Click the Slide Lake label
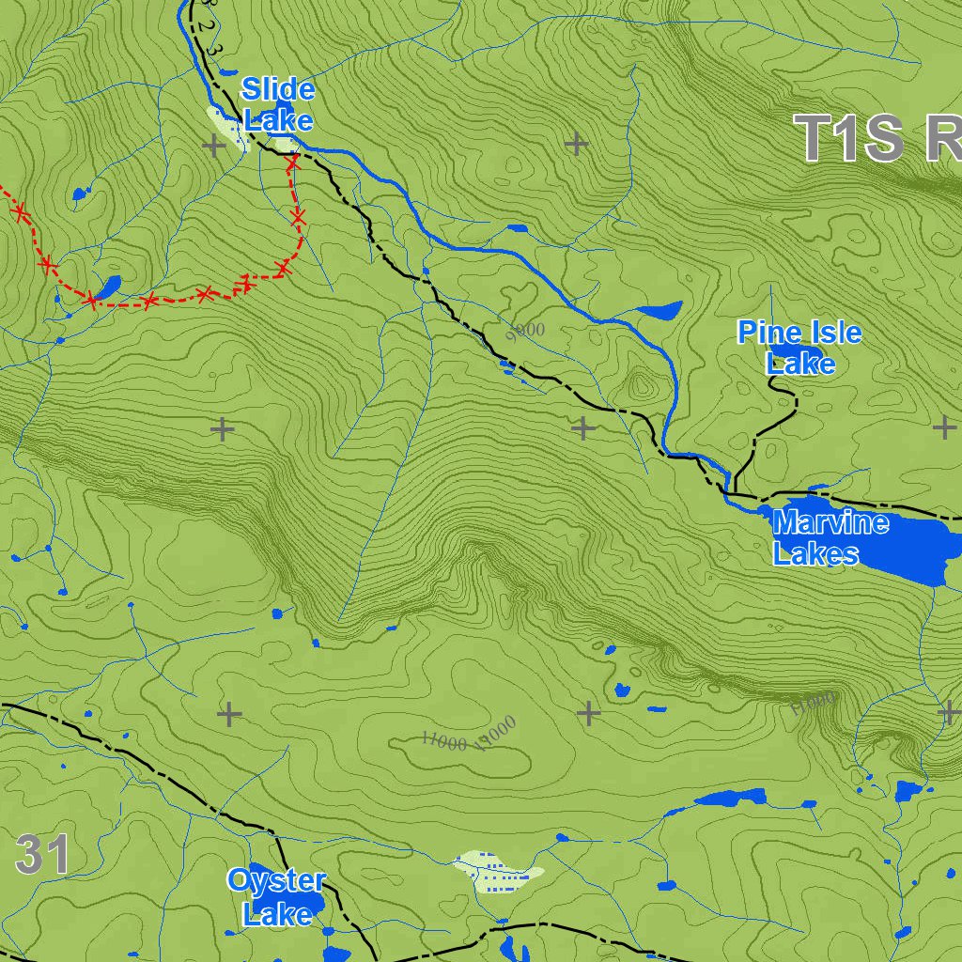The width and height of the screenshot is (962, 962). coord(277,104)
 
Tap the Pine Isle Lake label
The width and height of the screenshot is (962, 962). coord(799,347)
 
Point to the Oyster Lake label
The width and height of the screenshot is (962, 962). coord(275,896)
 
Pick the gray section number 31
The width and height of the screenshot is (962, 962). coord(42,856)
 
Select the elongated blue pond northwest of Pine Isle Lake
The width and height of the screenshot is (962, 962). coord(659,310)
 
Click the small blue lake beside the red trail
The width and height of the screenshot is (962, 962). coord(106,286)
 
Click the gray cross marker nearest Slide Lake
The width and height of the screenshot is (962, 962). coord(214,146)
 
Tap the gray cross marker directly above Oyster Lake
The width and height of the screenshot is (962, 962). coord(229,715)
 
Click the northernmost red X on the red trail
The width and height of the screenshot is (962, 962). coord(292,163)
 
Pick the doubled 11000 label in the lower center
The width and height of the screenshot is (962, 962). coord(469,736)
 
